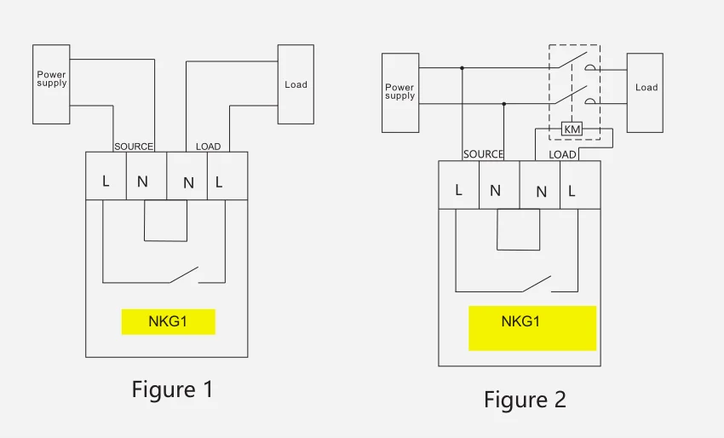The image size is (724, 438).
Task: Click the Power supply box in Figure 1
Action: click(x=51, y=84)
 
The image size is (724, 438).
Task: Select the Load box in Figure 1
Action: click(x=296, y=84)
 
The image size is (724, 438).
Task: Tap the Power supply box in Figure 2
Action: click(x=400, y=92)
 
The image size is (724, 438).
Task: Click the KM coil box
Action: click(x=572, y=129)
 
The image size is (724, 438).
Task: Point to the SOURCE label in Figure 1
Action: click(x=134, y=147)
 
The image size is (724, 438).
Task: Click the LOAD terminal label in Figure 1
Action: click(x=208, y=147)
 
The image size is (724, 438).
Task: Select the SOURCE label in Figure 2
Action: click(x=483, y=154)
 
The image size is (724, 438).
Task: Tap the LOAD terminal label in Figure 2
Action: click(x=562, y=154)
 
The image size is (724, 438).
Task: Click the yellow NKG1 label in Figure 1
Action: click(x=168, y=322)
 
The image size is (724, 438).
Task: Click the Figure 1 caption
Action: click(x=172, y=389)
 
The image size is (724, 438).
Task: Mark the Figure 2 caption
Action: click(x=525, y=399)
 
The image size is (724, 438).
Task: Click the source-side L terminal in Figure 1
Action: click(x=106, y=182)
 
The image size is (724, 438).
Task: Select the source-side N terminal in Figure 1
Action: click(x=142, y=182)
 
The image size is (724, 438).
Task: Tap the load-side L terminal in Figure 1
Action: click(x=219, y=182)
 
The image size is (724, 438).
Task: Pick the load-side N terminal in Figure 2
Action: click(x=541, y=192)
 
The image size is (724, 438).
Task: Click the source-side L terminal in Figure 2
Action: click(x=458, y=190)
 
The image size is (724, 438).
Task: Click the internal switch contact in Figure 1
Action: click(x=184, y=274)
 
